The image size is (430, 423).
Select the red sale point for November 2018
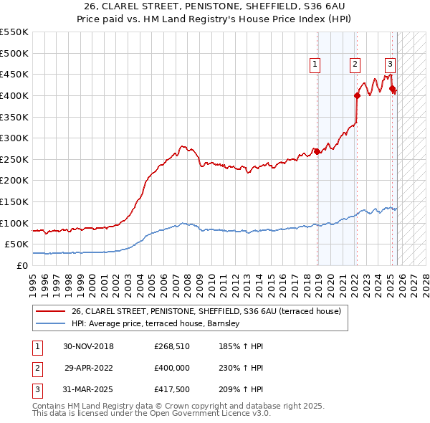[x=317, y=151]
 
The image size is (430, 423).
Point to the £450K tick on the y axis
[x=14, y=74]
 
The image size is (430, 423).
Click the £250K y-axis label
[x=14, y=159]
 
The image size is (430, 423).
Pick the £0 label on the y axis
[x=21, y=265]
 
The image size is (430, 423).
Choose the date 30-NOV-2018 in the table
[x=88, y=346]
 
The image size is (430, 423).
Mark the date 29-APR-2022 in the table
[x=89, y=367]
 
